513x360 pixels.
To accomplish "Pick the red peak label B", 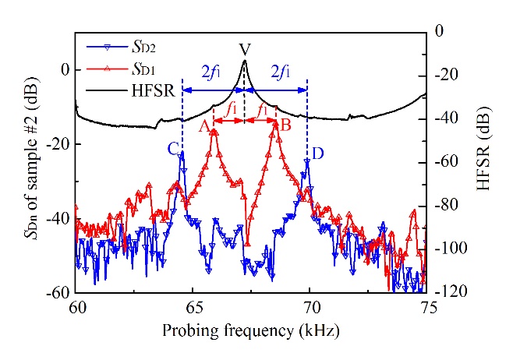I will pyautogui.click(x=285, y=125).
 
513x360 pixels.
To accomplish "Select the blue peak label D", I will pyautogui.click(x=317, y=152).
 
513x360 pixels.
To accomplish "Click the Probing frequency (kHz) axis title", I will pyautogui.click(x=251, y=330).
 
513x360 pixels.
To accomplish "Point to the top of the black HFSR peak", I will pyautogui.click(x=245, y=61).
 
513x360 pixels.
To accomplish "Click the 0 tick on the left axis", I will pyautogui.click(x=65, y=69).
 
